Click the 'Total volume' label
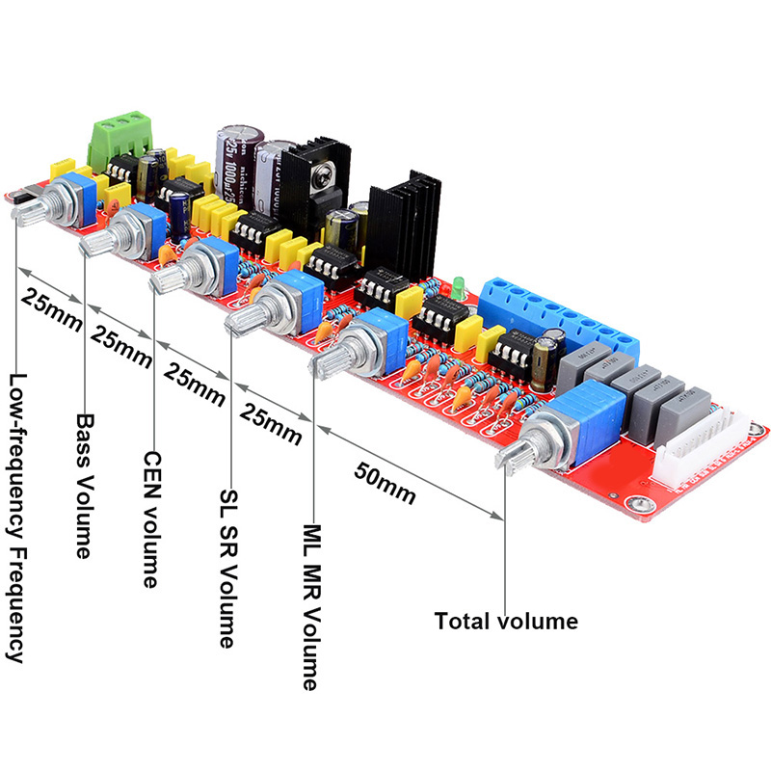506,622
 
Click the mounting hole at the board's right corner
634,505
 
